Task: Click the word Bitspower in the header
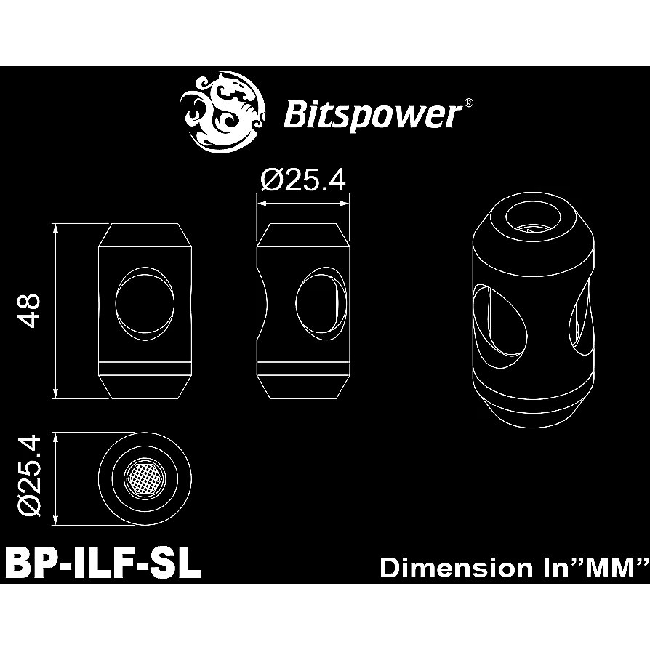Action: pos(372,114)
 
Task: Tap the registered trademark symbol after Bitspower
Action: pos(469,103)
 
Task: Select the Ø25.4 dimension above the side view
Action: pos(303,180)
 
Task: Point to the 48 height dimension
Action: pos(31,310)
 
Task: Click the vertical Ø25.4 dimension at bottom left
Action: pos(31,478)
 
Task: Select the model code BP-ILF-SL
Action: pos(103,564)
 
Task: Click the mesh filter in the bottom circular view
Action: pos(145,478)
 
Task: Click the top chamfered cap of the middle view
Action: pos(303,235)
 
